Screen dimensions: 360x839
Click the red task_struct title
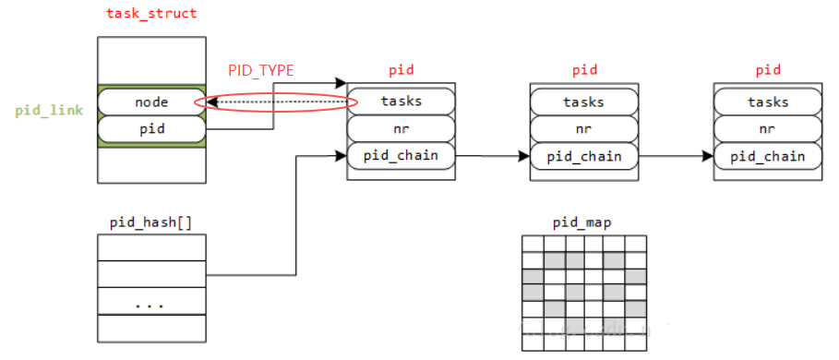tap(151, 14)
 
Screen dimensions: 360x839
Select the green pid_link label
tap(48, 111)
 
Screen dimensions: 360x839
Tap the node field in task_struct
tap(151, 102)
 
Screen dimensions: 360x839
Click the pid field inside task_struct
tap(151, 129)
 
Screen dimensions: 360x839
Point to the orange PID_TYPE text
tap(261, 70)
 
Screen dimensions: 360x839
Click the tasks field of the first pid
tap(401, 102)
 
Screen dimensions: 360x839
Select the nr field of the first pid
tap(401, 128)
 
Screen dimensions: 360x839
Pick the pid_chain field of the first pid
tap(401, 155)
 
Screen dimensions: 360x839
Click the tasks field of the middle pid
tap(584, 102)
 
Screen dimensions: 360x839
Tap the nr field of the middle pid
tap(584, 128)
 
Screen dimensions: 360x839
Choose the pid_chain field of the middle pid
tap(584, 156)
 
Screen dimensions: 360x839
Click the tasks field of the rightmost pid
tap(768, 102)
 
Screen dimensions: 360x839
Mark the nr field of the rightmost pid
tap(768, 128)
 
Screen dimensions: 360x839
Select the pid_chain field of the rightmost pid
tap(768, 156)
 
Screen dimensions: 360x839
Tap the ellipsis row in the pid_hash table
tap(151, 302)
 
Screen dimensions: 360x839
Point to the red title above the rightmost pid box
tap(768, 70)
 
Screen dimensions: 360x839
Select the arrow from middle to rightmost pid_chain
tap(676, 156)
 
